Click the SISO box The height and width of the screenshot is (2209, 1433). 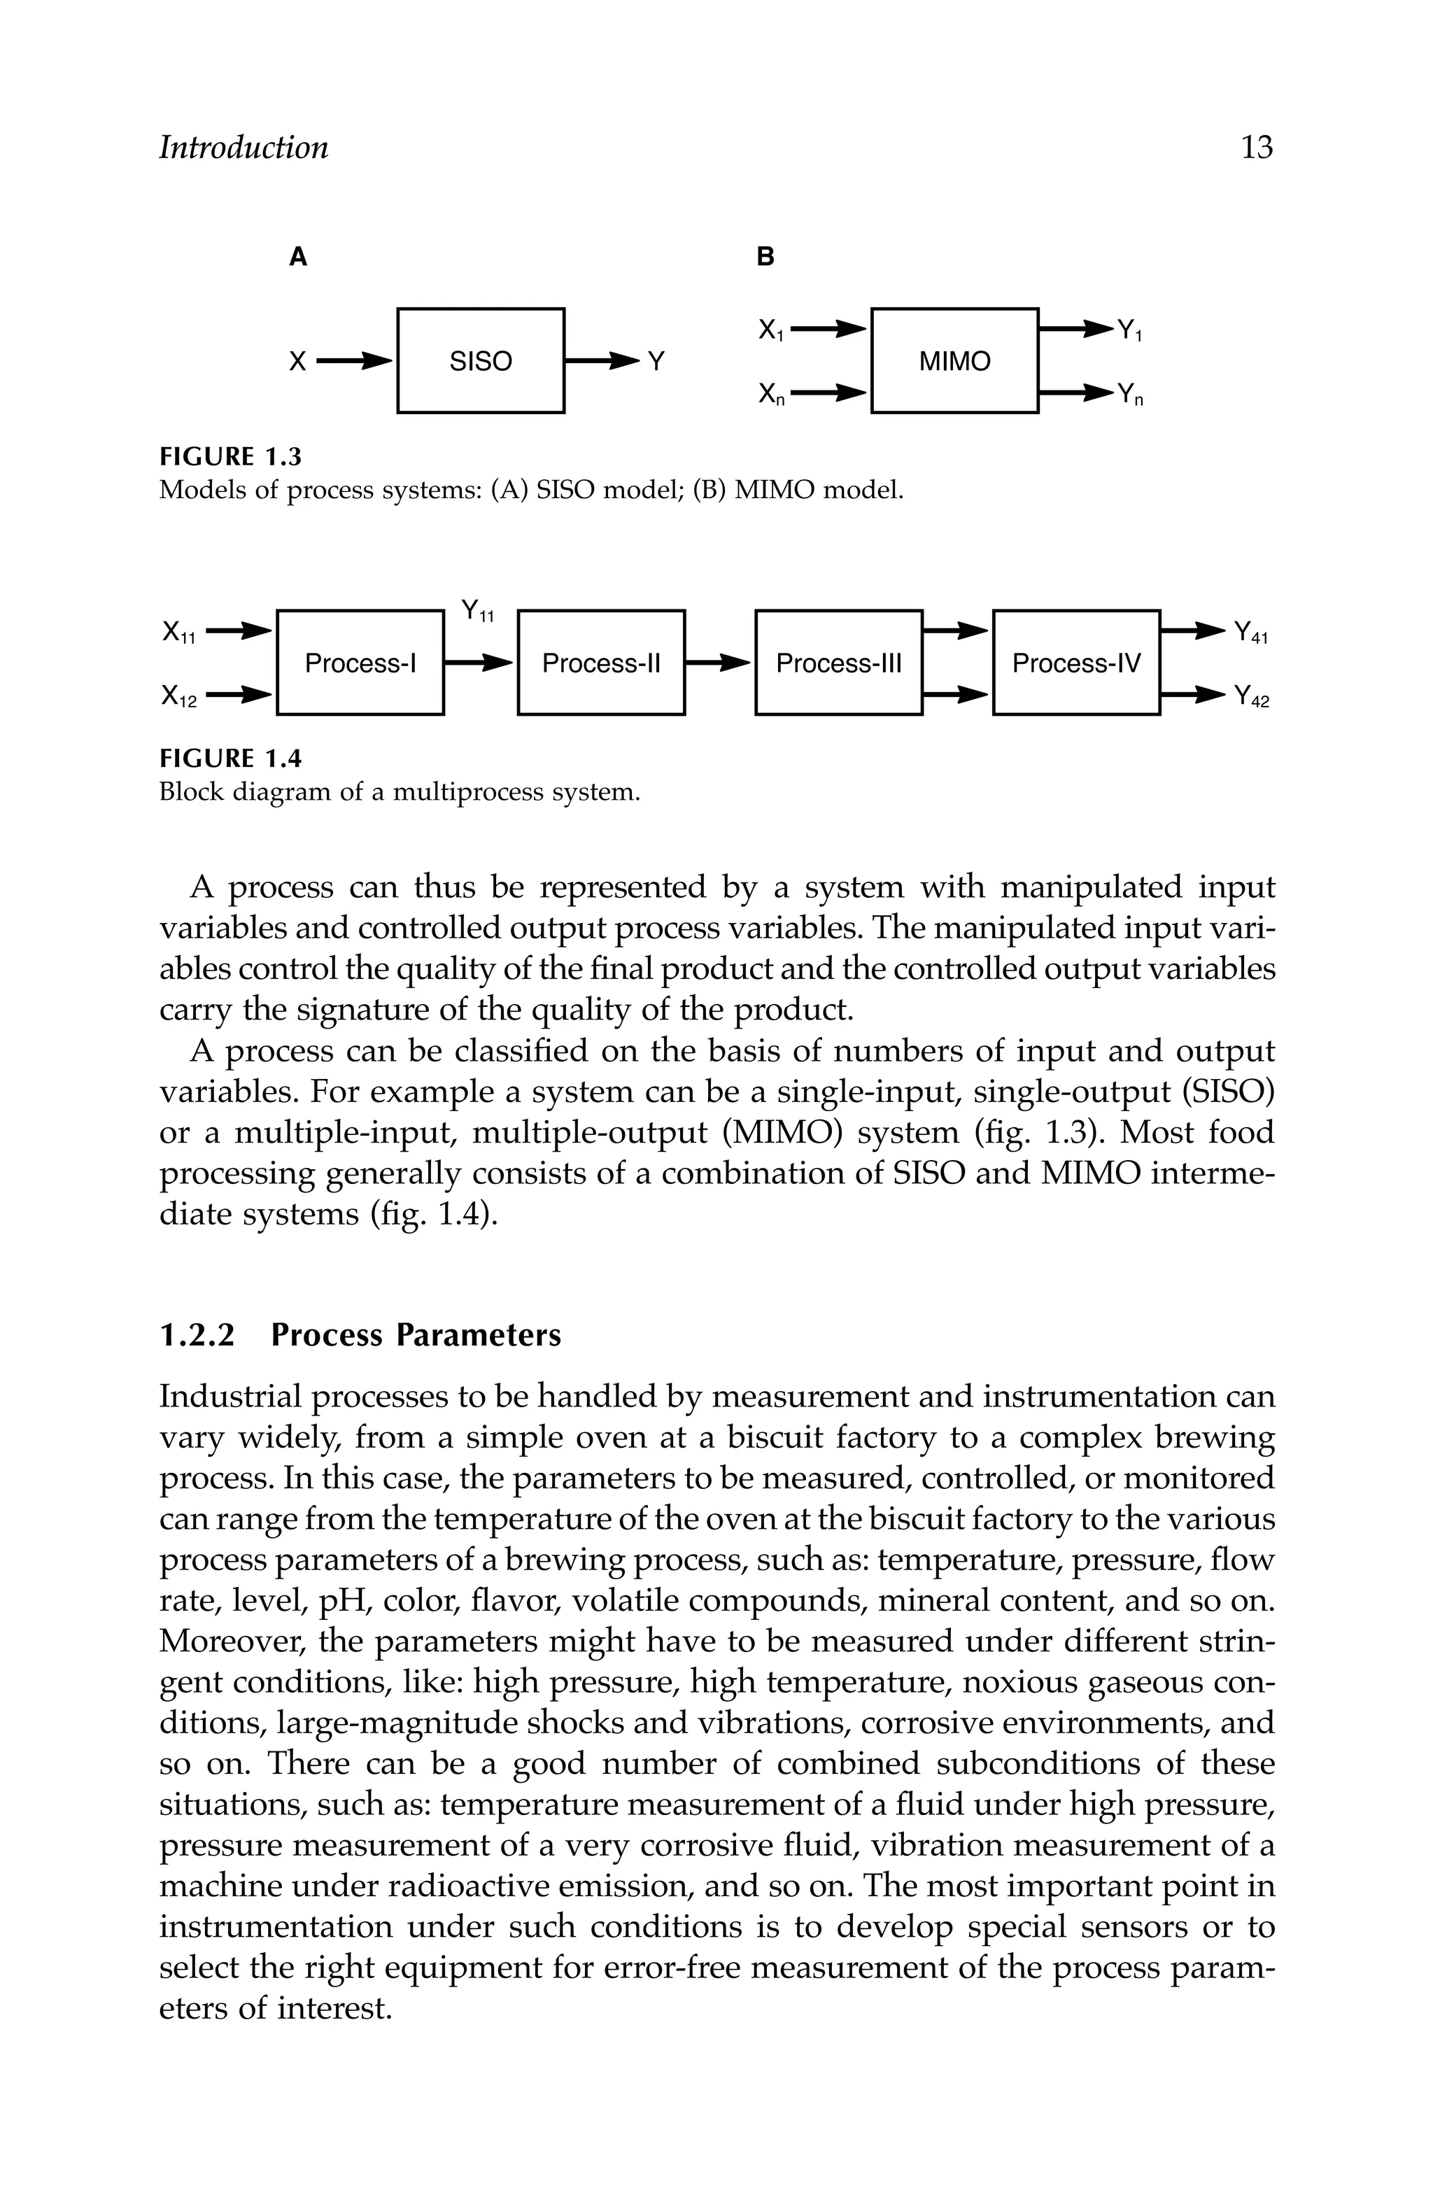point(480,360)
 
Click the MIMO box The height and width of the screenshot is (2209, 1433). point(954,360)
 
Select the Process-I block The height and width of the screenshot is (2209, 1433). point(360,663)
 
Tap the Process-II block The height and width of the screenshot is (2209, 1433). point(600,663)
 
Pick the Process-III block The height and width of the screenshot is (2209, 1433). point(838,663)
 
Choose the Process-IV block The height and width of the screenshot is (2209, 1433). point(1075,663)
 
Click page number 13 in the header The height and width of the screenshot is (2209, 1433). point(1257,148)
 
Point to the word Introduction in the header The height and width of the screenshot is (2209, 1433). point(243,148)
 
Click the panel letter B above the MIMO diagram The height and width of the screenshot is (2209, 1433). point(765,257)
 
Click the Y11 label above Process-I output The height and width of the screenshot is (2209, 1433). point(478,611)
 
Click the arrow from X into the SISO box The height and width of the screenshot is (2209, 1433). point(353,361)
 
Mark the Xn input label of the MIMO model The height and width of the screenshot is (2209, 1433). point(771,395)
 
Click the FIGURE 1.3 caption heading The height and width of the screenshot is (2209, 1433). point(231,457)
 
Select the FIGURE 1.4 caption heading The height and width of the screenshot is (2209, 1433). point(231,759)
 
